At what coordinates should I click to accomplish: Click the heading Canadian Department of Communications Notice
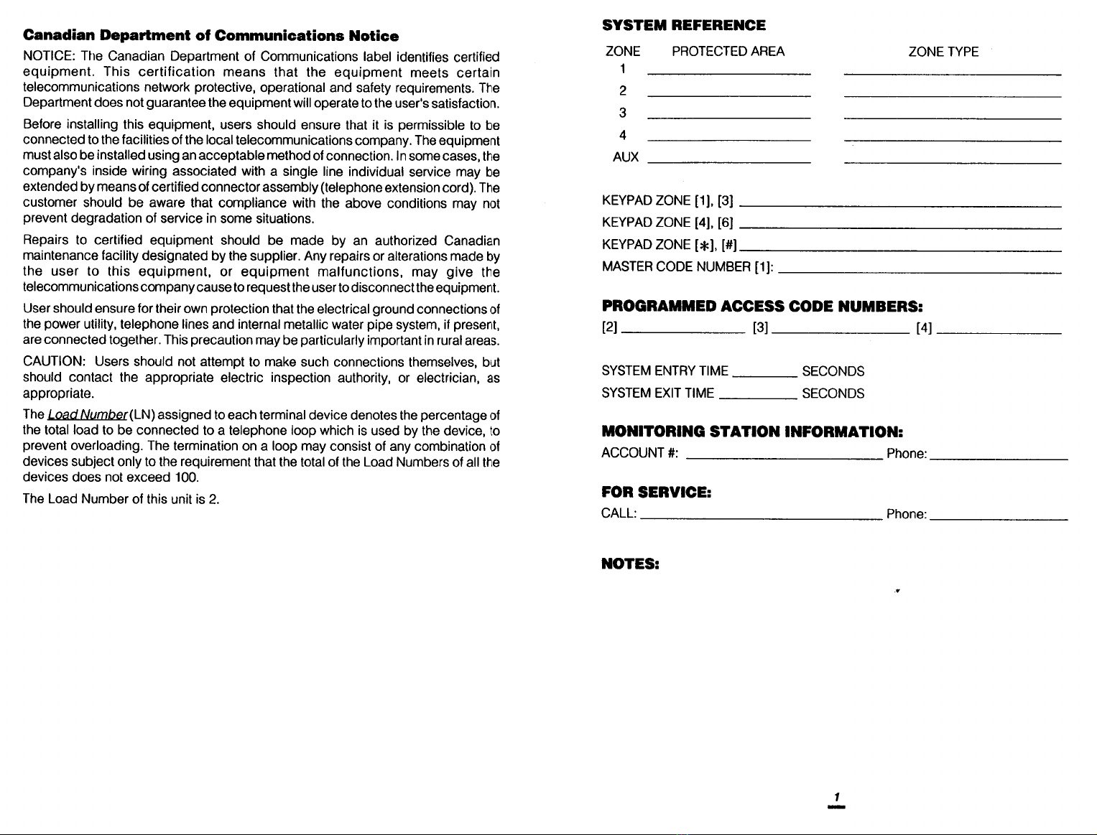210,36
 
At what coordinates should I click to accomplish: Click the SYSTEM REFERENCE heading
683,26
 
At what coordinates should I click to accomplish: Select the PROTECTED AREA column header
728,52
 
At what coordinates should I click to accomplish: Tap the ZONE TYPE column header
943,52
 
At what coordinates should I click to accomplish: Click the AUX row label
625,158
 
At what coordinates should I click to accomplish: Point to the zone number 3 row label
623,113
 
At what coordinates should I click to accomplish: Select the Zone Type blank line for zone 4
953,140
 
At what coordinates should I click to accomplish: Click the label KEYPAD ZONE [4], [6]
667,223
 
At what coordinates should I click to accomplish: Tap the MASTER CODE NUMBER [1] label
688,267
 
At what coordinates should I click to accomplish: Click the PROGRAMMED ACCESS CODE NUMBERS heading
762,307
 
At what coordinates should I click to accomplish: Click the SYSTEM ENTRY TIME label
665,371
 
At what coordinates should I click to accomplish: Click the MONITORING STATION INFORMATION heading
751,432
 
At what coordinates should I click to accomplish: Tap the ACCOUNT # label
640,453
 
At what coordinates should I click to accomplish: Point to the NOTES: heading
630,564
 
